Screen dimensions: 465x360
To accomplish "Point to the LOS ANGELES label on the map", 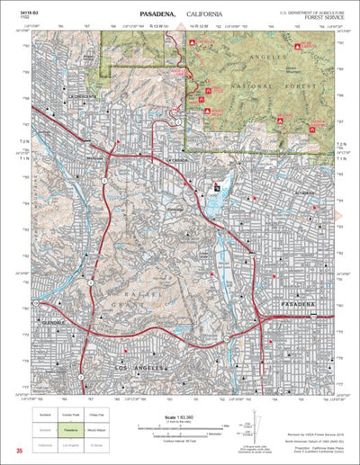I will (135, 368).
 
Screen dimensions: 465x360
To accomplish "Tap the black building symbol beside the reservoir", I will (217, 186).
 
